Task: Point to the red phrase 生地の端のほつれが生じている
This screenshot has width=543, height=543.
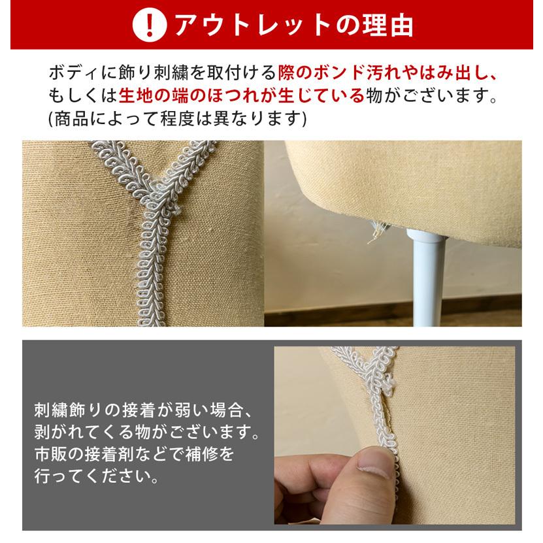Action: (241, 96)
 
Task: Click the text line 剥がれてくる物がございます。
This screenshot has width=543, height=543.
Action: (147, 433)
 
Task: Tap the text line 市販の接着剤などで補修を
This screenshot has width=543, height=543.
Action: (133, 453)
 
